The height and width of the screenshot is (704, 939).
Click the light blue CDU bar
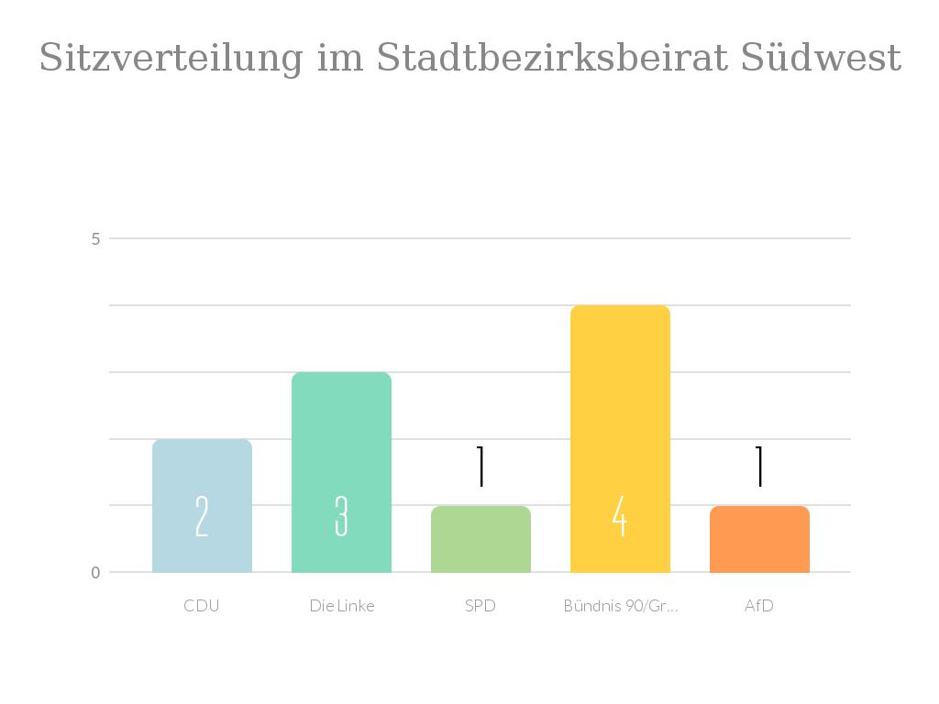coord(202,477)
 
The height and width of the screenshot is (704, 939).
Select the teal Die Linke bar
coord(341,440)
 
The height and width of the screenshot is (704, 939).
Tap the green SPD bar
coord(481,550)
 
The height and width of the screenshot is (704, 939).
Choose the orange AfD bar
coord(759,550)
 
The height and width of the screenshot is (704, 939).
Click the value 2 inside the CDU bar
coord(202,516)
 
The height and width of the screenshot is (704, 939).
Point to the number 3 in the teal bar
coord(341,516)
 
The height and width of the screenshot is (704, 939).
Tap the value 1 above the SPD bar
coord(481,467)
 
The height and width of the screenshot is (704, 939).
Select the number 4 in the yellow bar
coord(620,516)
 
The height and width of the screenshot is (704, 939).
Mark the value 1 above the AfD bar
coord(759,467)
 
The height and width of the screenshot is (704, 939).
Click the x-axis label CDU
coord(202,606)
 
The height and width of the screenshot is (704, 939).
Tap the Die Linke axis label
coord(342,606)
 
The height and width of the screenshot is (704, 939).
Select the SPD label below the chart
coord(481,606)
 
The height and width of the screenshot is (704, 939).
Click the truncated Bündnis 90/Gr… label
coord(621,606)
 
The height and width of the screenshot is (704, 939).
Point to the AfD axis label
coord(759,606)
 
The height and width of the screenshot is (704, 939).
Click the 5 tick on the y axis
coord(95,238)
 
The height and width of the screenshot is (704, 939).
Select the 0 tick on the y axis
coord(95,573)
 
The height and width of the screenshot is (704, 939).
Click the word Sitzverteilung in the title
coord(171,59)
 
